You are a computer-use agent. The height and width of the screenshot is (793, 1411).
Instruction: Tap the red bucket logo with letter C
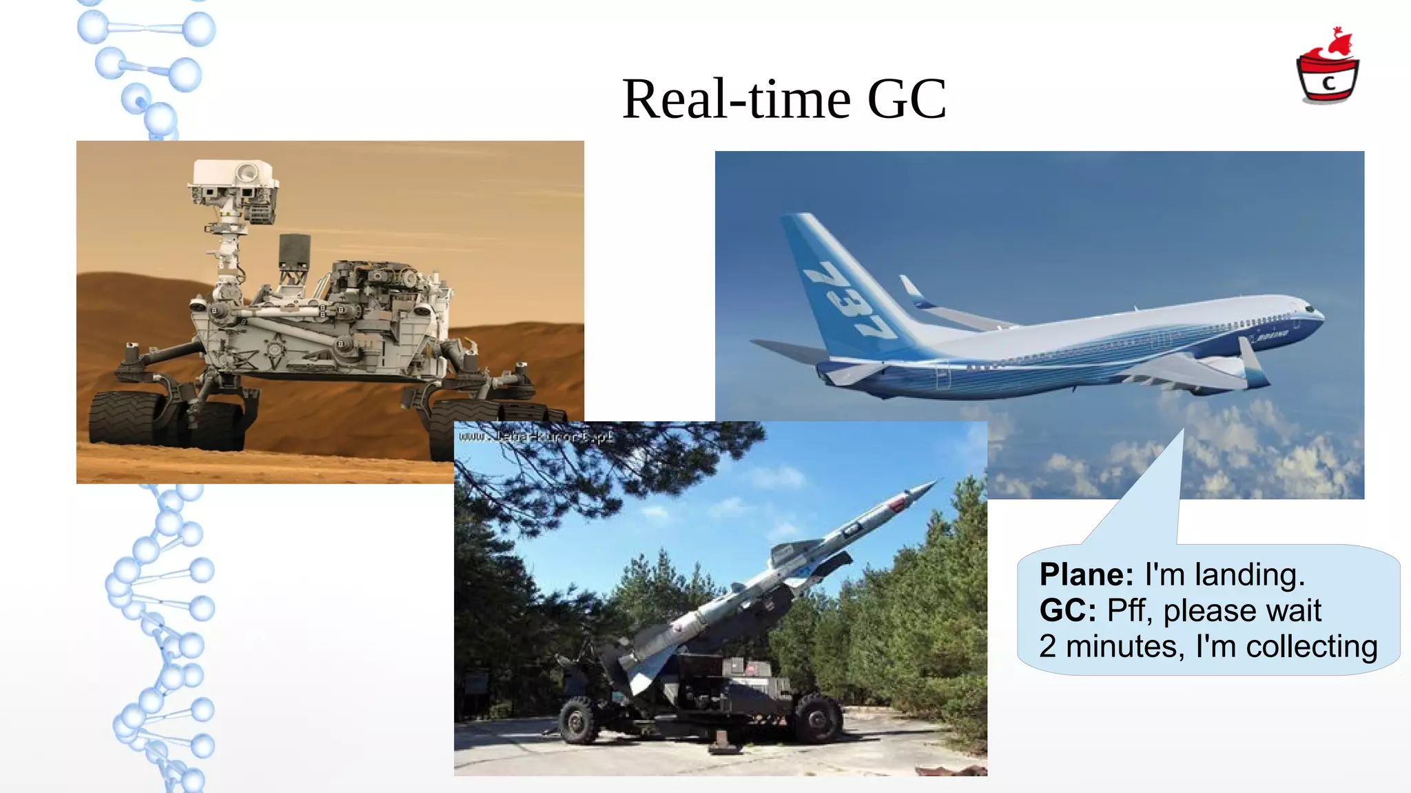pyautogui.click(x=1328, y=72)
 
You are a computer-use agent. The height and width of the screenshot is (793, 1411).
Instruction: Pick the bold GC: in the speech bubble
pyautogui.click(x=1067, y=610)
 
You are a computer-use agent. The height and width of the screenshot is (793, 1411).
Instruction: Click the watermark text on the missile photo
pyautogui.click(x=536, y=436)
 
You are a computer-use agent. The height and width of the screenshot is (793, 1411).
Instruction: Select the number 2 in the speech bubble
pyautogui.click(x=1048, y=647)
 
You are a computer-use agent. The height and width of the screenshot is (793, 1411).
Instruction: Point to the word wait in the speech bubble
pyautogui.click(x=1295, y=610)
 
